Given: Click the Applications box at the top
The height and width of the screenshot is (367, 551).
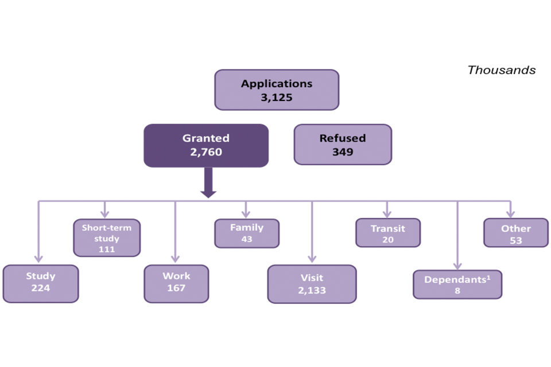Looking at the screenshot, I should coord(277,90).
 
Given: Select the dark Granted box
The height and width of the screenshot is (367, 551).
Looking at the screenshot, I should coord(206,145).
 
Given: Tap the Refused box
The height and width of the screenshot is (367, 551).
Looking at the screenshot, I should coord(343,145).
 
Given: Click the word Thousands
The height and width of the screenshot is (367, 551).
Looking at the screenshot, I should coord(501,70).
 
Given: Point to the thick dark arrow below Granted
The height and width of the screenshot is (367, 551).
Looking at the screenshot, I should coord(208,183).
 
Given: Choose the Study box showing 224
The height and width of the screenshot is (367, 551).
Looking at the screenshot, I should coord(41,283).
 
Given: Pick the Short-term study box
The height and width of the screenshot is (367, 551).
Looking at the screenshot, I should coord(107,237).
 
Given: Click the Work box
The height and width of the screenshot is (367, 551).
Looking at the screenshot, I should coord(176,283).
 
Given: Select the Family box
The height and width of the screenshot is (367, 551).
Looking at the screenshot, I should coord(247,233).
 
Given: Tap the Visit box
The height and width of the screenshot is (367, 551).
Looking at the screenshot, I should coord(312,284).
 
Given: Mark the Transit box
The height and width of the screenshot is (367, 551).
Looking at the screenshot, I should coord(388,233).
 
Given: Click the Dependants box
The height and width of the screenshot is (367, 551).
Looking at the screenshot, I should coord(457,284).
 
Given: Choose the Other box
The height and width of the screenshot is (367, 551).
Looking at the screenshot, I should coord(516,233).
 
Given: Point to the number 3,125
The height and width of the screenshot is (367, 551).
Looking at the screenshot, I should coord(277,97).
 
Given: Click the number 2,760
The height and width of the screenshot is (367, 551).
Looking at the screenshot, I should coord(206,152).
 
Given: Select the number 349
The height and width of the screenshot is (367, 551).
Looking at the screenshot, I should coord(343,152).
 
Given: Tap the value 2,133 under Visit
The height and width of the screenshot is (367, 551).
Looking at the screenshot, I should coord(312,290).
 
